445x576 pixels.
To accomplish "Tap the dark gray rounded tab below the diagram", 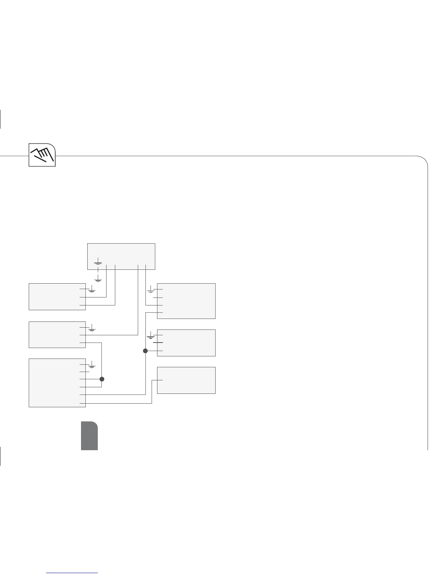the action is point(89,436).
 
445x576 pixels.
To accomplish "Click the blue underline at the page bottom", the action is point(73,573).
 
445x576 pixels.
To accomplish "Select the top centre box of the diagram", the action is point(121,256).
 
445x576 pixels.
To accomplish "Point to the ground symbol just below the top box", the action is point(98,279).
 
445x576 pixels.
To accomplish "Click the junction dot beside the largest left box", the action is point(102,379).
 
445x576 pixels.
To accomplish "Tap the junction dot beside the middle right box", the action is point(145,351).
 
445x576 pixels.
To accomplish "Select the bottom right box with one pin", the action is point(186,380).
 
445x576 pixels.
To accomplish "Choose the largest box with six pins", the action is point(57,383).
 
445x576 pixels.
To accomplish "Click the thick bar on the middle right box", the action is point(158,343).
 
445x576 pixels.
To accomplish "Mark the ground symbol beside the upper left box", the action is point(92,290).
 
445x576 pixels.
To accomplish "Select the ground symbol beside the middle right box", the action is point(151,336).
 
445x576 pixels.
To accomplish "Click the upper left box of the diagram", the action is point(57,296).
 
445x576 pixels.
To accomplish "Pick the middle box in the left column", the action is point(57,335).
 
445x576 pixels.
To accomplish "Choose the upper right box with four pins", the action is point(186,301).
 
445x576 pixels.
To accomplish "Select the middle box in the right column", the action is point(186,343).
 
